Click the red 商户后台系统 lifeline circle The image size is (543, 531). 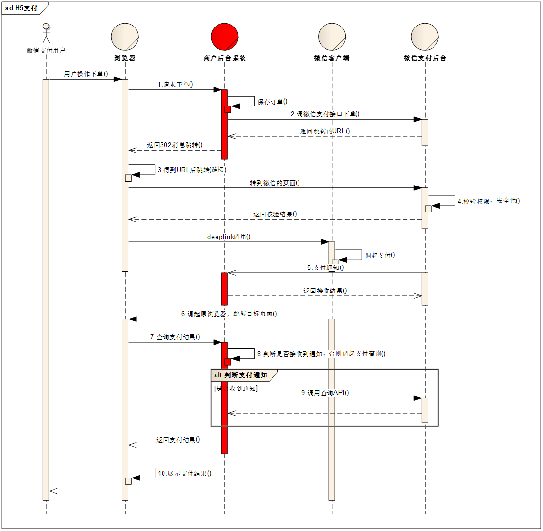[224, 37]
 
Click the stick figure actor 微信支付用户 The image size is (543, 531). [46, 33]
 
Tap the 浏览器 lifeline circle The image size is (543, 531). [125, 37]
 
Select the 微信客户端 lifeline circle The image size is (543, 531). [332, 37]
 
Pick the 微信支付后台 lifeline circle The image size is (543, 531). [425, 37]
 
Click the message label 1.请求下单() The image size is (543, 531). [175, 84]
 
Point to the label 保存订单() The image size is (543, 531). [272, 102]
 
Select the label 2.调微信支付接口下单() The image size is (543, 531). [325, 114]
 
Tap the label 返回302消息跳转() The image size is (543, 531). [175, 145]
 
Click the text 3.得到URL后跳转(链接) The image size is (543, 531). [192, 170]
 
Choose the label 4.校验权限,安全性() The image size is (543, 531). [488, 201]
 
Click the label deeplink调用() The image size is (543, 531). [229, 237]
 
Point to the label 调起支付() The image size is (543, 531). [380, 255]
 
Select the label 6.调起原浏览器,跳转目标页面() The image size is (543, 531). [229, 314]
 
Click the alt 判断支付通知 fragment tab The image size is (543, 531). [240, 375]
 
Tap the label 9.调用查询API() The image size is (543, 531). [325, 393]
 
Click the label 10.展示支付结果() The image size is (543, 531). [185, 474]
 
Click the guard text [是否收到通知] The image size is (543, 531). [236, 388]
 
